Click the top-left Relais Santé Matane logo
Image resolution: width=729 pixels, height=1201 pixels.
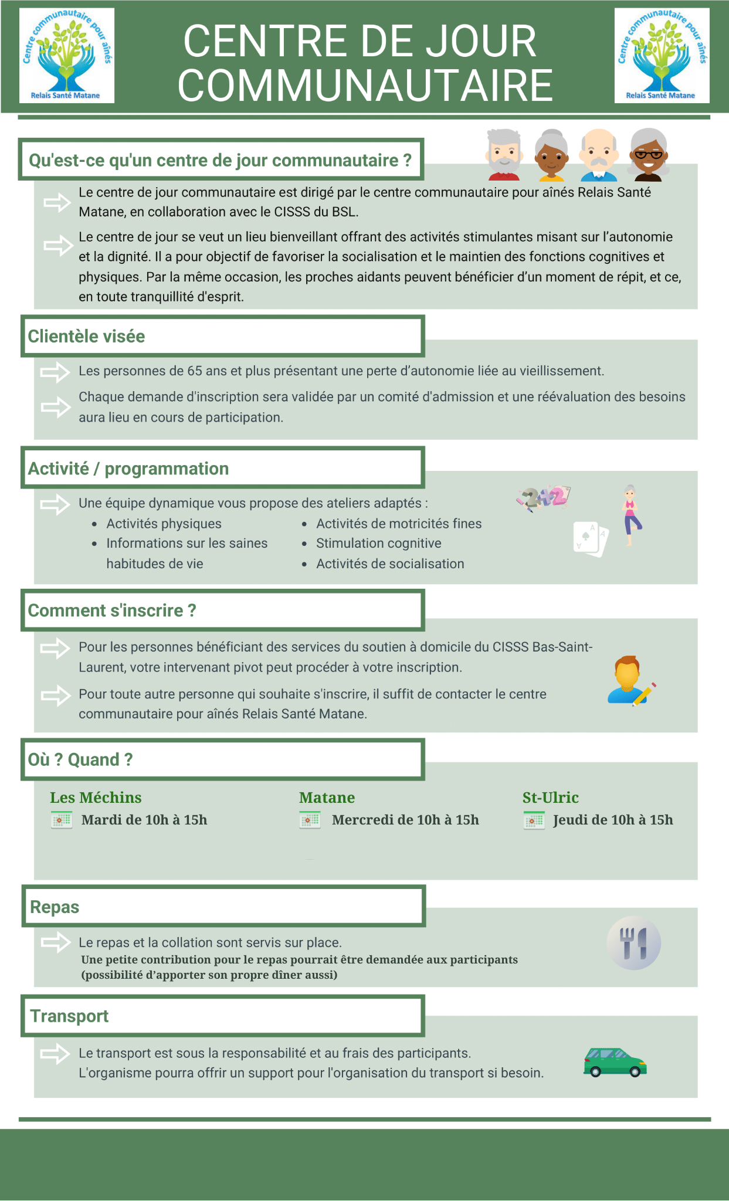coord(67,56)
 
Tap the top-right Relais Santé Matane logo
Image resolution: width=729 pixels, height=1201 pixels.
coord(662,56)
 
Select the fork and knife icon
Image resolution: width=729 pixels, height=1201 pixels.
coord(633,942)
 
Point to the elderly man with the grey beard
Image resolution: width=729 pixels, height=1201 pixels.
coord(504,155)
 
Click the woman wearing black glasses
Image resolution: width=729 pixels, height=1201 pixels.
coord(648,155)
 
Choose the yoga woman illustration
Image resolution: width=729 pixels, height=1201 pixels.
coord(630,515)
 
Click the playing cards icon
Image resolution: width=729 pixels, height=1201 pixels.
coord(591,538)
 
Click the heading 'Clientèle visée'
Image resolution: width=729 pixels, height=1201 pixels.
coord(87,336)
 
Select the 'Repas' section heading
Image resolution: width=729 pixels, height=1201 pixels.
coord(55,907)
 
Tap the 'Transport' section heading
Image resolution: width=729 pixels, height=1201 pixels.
coord(69,1016)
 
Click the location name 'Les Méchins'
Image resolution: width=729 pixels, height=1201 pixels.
coord(96,798)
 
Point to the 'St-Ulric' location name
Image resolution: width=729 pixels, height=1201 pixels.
coord(550,798)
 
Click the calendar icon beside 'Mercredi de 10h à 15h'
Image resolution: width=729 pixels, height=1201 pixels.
coord(310,820)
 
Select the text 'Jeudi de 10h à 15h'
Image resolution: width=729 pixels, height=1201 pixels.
coord(613,820)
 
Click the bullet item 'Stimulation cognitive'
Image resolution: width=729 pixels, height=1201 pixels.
coord(378,543)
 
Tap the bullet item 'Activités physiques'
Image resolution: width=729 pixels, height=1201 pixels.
coord(164,524)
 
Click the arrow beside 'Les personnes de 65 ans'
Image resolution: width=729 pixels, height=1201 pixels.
coord(55,372)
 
